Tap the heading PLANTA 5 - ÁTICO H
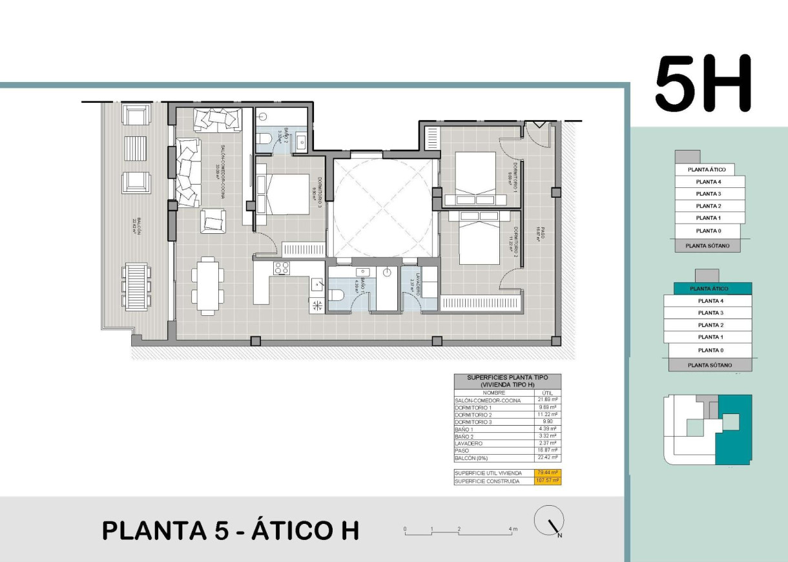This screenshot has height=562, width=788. pos(231,530)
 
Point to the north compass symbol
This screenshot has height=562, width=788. pos(550,521)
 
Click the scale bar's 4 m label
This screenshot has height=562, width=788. pos(513,530)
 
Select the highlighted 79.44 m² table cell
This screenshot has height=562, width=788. pos(548,473)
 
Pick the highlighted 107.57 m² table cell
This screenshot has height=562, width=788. pos(548,481)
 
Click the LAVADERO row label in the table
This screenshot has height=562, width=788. pos(469,444)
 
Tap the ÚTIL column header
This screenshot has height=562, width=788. pos(548,393)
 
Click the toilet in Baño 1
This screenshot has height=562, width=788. pos(337,295)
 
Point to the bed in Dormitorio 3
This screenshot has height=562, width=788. pos(288,195)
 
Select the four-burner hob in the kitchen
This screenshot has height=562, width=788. pos(282,268)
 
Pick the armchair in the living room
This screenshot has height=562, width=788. pos(213,221)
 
